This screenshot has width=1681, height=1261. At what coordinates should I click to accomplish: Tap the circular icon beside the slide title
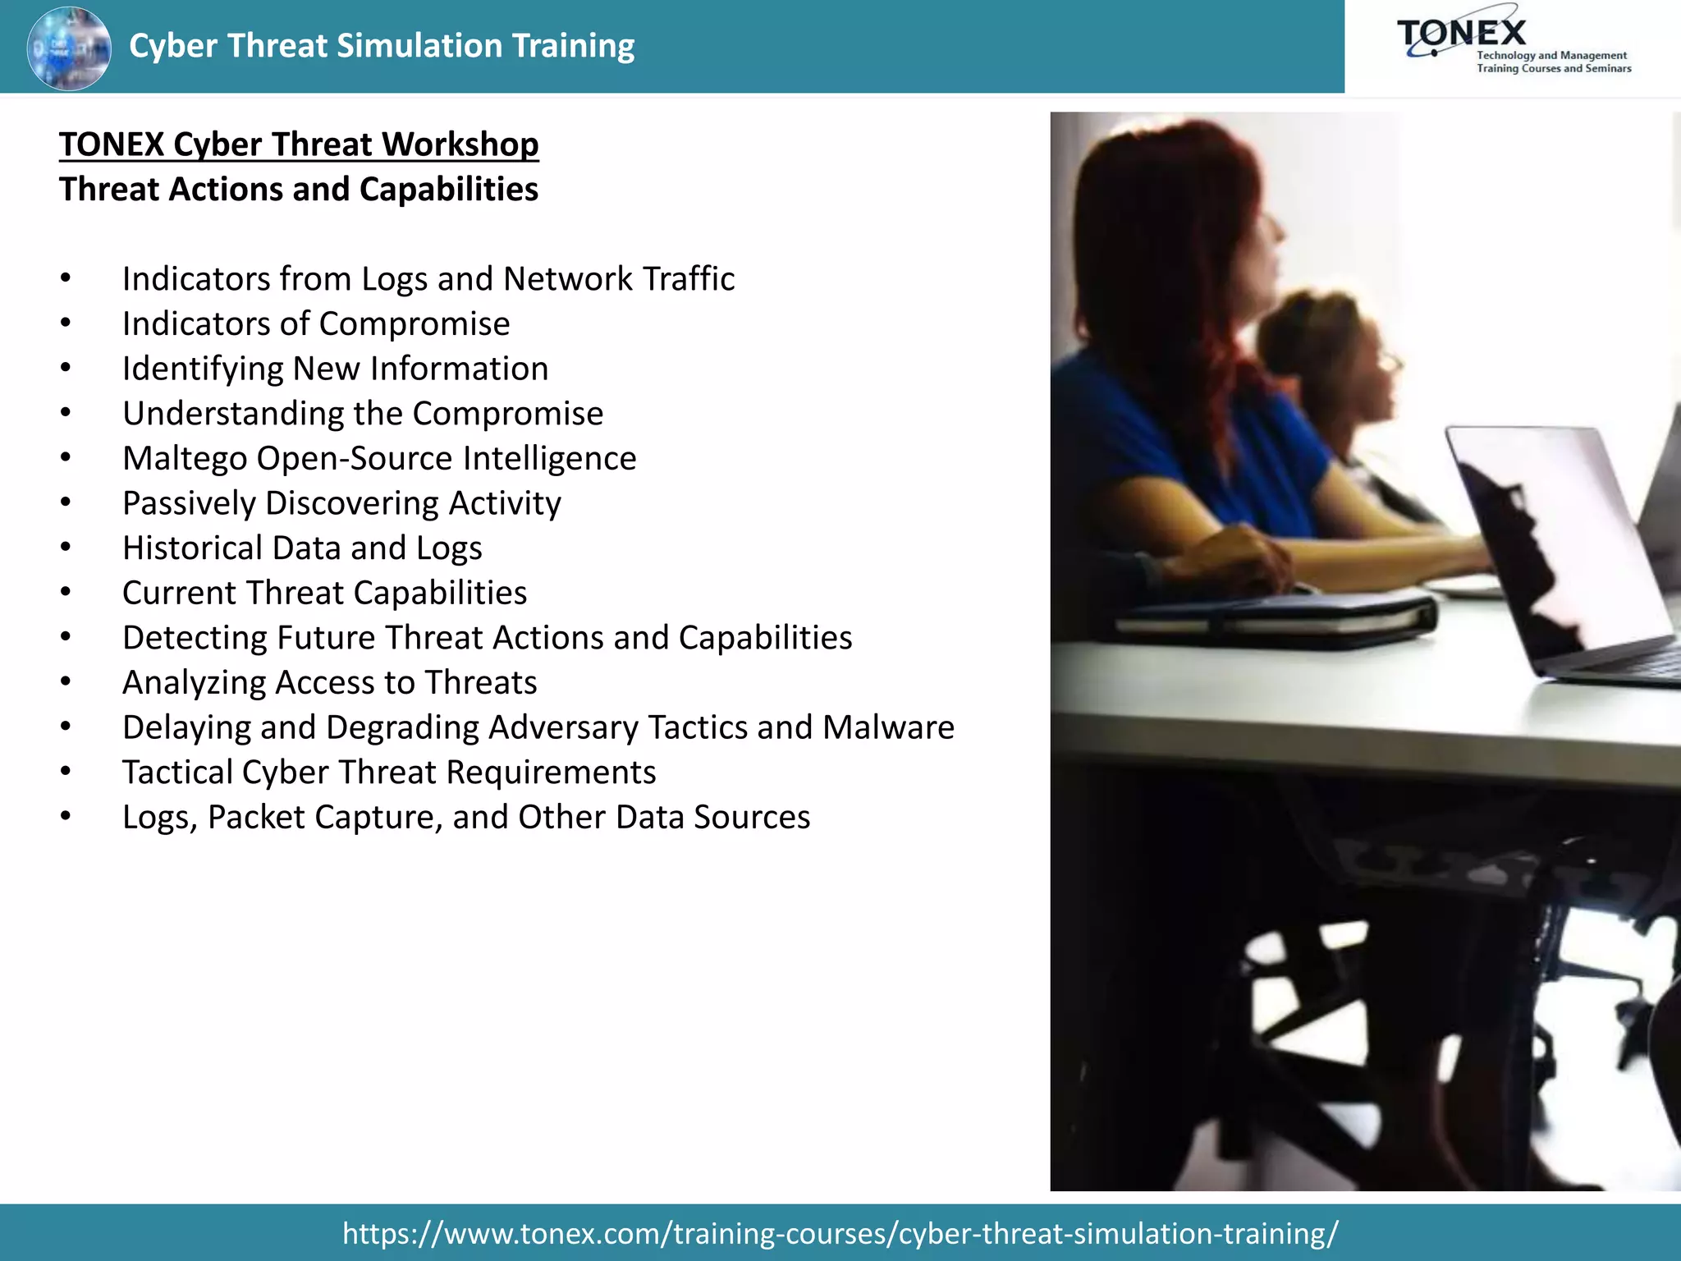pyautogui.click(x=69, y=48)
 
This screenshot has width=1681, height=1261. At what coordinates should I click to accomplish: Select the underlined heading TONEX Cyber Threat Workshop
pyautogui.click(x=299, y=144)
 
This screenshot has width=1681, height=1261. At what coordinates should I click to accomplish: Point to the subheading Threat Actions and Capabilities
pyautogui.click(x=299, y=190)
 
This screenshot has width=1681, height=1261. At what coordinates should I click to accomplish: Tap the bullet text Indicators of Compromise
pyautogui.click(x=316, y=323)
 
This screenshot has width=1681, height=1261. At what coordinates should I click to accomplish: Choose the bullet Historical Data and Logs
pyautogui.click(x=302, y=548)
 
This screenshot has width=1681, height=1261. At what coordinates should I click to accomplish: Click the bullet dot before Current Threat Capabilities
pyautogui.click(x=66, y=593)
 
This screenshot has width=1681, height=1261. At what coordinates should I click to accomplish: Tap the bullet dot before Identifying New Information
pyautogui.click(x=66, y=369)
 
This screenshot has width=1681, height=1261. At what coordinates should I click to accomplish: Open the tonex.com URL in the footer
pyautogui.click(x=840, y=1233)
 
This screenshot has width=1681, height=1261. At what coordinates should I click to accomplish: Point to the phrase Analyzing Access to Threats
pyautogui.click(x=329, y=683)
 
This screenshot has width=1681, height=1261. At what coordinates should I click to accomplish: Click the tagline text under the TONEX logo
pyautogui.click(x=1553, y=62)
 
